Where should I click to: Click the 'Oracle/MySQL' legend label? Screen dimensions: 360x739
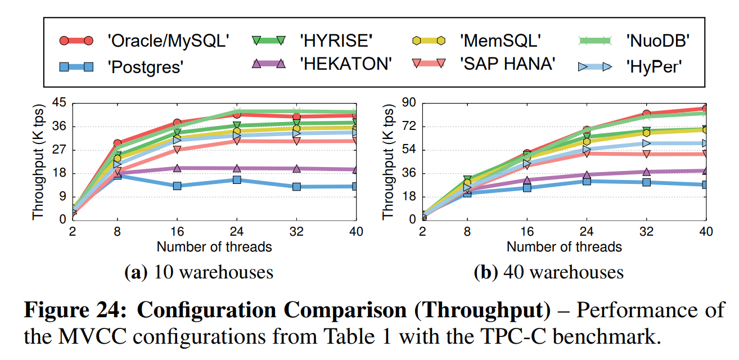click(x=168, y=41)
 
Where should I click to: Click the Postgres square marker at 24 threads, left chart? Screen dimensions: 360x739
click(x=237, y=180)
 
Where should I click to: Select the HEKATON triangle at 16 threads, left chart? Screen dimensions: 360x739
click(x=177, y=168)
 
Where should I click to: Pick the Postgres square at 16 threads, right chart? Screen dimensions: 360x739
click(x=527, y=187)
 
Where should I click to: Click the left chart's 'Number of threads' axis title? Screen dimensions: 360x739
click(x=214, y=246)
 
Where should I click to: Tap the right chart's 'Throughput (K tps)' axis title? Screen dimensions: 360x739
click(x=388, y=161)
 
